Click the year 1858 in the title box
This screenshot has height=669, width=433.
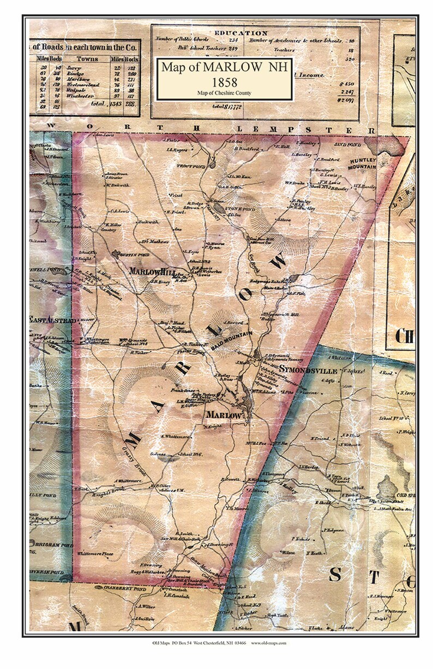pos(224,82)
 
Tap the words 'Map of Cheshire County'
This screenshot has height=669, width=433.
pos(224,93)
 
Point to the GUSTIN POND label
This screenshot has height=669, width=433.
pos(131,255)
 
